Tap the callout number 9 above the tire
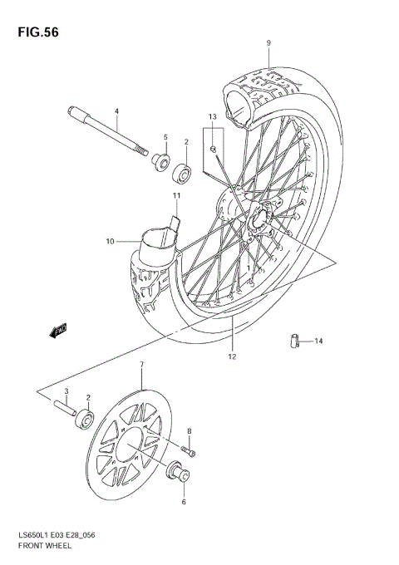[x=268, y=42]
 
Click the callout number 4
[x=116, y=111]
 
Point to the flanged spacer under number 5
[x=160, y=158]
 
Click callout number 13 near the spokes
[x=212, y=116]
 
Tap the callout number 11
[x=176, y=196]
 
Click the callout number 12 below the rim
[x=233, y=356]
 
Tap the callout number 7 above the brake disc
[x=142, y=365]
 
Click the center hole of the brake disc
[x=131, y=450]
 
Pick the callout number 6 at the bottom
[x=183, y=503]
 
